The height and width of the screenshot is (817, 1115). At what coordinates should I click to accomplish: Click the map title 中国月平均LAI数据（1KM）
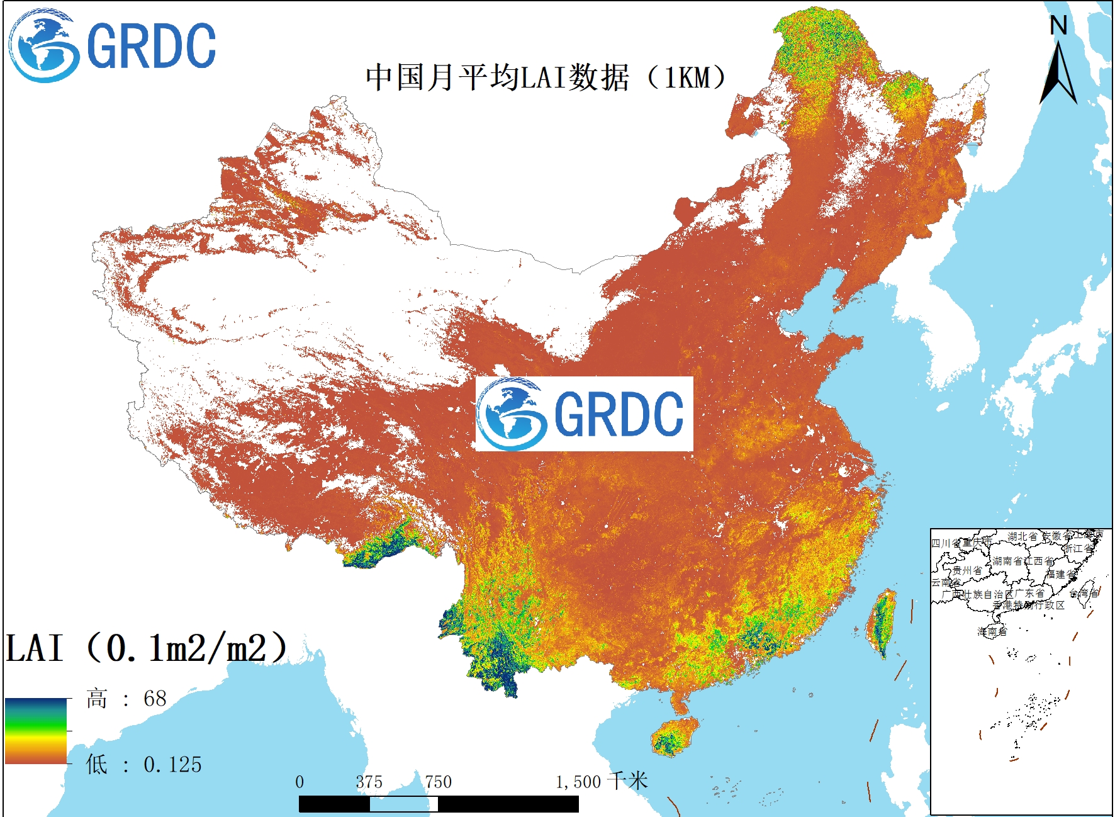coord(546,78)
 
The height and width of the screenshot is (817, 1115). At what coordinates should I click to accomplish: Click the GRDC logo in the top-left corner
coord(112,45)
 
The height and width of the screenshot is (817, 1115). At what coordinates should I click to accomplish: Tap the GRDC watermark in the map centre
coord(584,414)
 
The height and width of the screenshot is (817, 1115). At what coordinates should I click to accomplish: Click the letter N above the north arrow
coord(1058,26)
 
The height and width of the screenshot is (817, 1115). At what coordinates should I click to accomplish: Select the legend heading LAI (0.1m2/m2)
coord(147,648)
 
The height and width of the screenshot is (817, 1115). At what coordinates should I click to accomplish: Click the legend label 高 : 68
coord(126,699)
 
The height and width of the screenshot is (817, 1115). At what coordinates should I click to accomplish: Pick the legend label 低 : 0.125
coord(143,764)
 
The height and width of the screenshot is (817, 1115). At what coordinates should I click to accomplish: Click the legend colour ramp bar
coord(36,731)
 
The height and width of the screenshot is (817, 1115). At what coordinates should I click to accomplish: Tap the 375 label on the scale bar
coord(369,782)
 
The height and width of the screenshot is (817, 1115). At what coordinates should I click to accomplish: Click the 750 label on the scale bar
coord(438,782)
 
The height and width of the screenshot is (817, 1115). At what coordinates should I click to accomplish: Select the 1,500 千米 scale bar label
coord(601,782)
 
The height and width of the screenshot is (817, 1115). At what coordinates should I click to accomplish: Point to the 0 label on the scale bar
coord(300,782)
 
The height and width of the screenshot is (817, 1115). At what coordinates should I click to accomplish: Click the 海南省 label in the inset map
coord(992,631)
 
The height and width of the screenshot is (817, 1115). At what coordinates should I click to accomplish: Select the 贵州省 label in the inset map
coord(967,570)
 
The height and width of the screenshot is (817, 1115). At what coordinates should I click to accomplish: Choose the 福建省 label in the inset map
coord(1060,574)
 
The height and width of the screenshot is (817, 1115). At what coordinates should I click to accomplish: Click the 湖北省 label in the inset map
coord(1022,536)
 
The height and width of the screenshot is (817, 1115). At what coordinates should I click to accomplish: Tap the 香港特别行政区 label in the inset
coord(1029,605)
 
